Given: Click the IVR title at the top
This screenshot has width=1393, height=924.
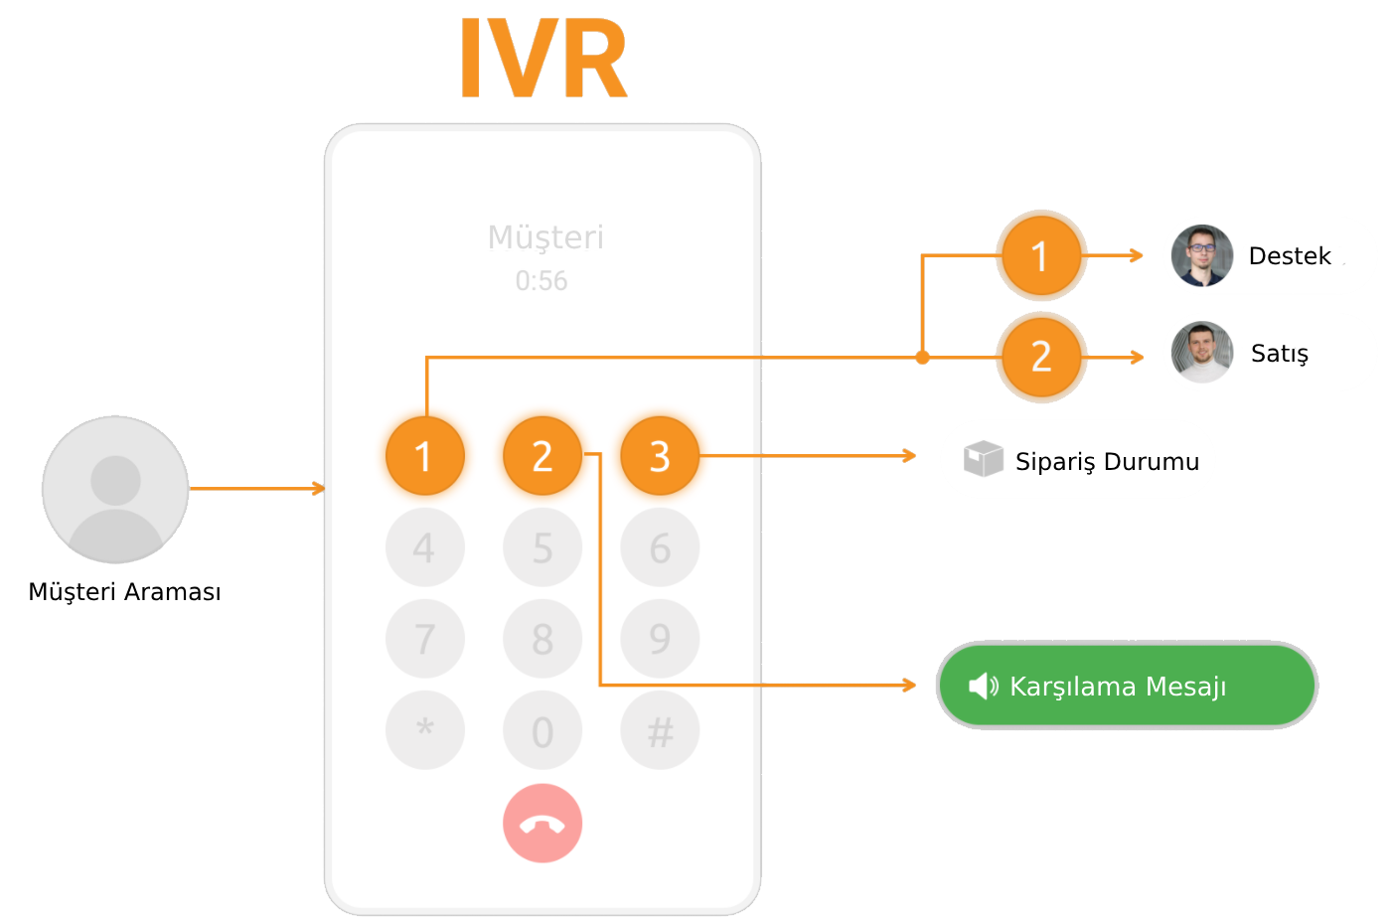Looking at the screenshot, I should click(x=543, y=59).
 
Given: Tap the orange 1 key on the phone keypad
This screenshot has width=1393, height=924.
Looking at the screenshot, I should click(x=424, y=456).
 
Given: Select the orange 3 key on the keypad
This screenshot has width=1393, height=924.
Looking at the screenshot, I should click(x=660, y=456).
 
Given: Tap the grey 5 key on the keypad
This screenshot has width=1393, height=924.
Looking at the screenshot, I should click(x=542, y=547).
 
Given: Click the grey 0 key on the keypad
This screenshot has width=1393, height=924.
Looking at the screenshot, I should click(x=542, y=731).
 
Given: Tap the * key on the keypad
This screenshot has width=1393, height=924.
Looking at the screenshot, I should click(x=424, y=730).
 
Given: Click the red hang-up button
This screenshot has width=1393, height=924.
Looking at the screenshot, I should click(x=542, y=824).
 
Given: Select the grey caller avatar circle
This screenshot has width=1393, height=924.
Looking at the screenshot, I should click(x=115, y=489).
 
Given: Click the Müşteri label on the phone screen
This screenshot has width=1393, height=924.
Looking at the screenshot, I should click(x=545, y=237).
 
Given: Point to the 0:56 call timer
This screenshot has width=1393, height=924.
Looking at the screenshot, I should click(x=542, y=281).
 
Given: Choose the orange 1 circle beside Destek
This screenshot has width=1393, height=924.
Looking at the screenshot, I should click(x=1040, y=256).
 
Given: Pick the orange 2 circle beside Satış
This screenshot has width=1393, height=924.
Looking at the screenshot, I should click(x=1040, y=356).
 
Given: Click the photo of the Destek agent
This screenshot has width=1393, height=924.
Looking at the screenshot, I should click(x=1202, y=255).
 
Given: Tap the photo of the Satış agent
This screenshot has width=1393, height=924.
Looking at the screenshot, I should click(x=1202, y=353).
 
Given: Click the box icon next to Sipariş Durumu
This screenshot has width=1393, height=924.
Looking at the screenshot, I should click(x=983, y=459).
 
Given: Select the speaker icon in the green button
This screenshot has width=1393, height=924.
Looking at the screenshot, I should click(x=983, y=686).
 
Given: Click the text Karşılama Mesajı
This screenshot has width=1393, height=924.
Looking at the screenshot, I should click(x=1118, y=687).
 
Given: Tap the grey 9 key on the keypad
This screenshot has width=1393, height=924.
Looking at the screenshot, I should click(x=660, y=639).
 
